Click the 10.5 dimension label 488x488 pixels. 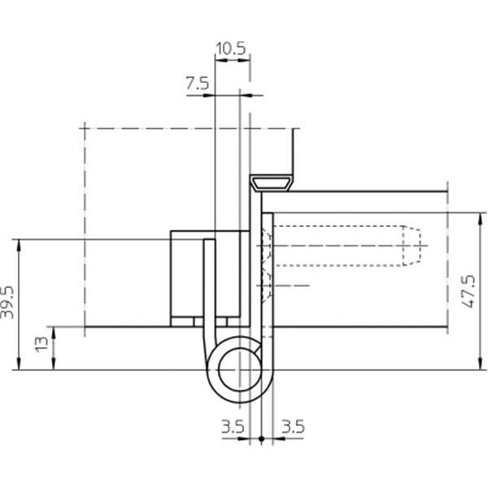click(x=231, y=49)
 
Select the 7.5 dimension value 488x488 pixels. click(x=198, y=84)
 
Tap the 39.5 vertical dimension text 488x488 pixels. click(x=7, y=303)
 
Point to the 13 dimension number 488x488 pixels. click(x=41, y=345)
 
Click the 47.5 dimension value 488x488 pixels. click(x=469, y=291)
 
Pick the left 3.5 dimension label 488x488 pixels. click(x=233, y=426)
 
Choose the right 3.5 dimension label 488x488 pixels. click(x=293, y=426)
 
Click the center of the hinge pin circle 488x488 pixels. click(x=240, y=370)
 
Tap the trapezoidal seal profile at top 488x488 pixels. click(x=272, y=183)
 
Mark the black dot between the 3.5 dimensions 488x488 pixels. click(x=261, y=438)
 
